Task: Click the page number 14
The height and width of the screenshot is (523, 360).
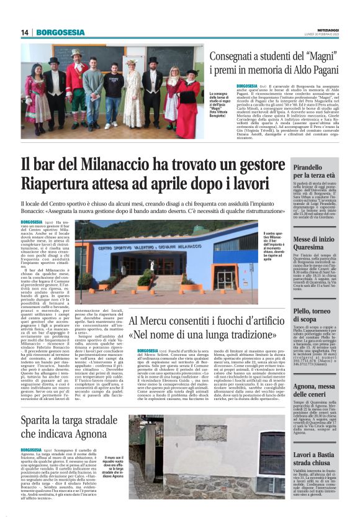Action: tap(25, 32)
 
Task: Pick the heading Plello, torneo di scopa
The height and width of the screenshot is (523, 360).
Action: tap(313, 314)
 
